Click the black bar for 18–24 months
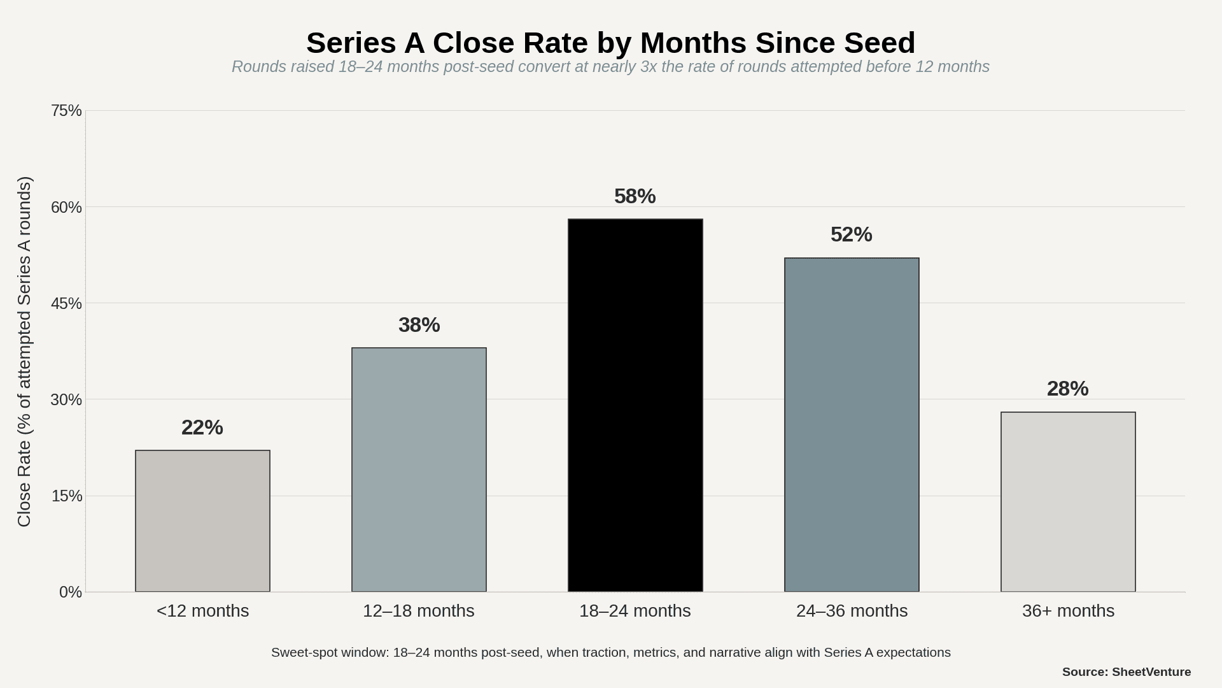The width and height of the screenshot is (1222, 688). [x=635, y=405]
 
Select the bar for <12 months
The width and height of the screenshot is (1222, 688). [x=202, y=521]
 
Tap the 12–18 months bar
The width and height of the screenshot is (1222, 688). [x=419, y=469]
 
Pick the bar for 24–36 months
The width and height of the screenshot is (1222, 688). [x=852, y=425]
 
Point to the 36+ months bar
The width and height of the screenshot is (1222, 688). [x=1068, y=502]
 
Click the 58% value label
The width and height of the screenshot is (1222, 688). [x=635, y=196]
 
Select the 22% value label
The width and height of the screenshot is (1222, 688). [x=202, y=427]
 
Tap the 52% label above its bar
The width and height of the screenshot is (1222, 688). [x=851, y=234]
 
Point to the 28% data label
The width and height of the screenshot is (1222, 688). [x=1067, y=389]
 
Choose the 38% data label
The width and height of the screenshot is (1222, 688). [x=419, y=325]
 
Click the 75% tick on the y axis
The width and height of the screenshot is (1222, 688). [x=66, y=111]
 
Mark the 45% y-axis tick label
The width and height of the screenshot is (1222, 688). [x=66, y=304]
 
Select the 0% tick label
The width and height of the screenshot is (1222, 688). [x=70, y=592]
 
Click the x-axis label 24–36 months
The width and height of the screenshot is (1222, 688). [x=852, y=611]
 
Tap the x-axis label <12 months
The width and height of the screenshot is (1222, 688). [x=202, y=611]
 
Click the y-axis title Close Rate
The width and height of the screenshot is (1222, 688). [x=24, y=352]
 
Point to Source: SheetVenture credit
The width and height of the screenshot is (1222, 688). [x=1126, y=672]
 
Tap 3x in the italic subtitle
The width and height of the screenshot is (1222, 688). [x=648, y=67]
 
